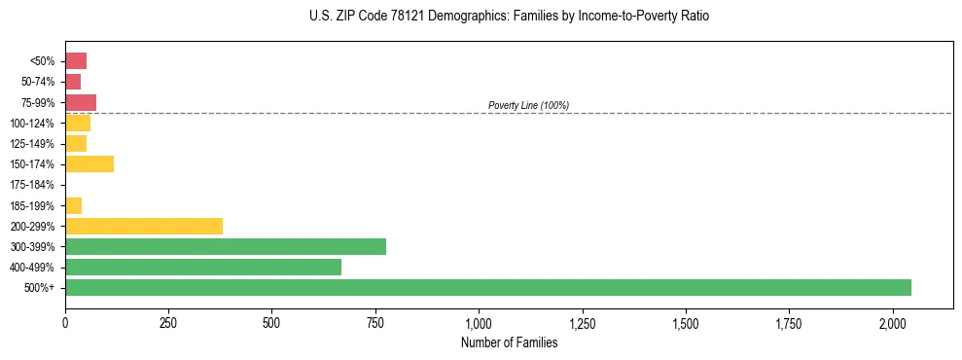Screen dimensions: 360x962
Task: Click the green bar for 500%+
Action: coord(487,287)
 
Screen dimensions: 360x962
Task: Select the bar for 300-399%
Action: coord(225,246)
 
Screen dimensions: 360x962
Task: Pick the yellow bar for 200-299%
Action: coord(143,226)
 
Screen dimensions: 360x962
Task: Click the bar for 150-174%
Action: coord(89,163)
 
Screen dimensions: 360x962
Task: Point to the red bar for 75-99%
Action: coord(80,102)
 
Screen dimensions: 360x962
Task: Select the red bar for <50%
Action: coord(75,61)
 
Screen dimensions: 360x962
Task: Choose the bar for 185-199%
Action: coord(73,205)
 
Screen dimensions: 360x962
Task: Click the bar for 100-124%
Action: coord(77,123)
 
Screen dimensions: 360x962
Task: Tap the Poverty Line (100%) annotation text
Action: coord(528,105)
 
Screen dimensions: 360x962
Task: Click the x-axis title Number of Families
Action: coord(509,342)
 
